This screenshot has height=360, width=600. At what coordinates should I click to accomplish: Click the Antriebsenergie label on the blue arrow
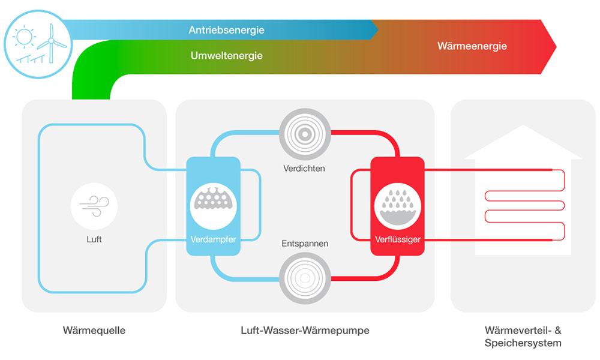point(226,29)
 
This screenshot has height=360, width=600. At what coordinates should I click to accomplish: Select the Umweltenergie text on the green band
point(226,56)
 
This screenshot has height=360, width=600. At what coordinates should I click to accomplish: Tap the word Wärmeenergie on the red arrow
point(472,46)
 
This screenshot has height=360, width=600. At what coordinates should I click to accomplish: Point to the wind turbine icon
point(51,42)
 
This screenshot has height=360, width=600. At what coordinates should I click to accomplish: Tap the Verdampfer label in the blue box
point(213,239)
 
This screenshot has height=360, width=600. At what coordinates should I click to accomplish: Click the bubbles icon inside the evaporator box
point(213,200)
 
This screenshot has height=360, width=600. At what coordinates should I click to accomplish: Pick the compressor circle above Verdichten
point(305,133)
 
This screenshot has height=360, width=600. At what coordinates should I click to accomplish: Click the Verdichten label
point(304,168)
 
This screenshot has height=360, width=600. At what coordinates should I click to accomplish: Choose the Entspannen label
point(305,244)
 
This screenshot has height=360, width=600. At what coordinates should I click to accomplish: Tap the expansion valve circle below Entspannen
point(305,278)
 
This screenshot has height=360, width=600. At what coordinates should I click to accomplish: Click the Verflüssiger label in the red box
point(397,239)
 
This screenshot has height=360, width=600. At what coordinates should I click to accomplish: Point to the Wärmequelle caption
point(94,331)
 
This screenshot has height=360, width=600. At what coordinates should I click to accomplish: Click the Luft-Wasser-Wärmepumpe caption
point(305,331)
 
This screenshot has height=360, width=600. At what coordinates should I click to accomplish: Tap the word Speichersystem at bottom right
point(523,343)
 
